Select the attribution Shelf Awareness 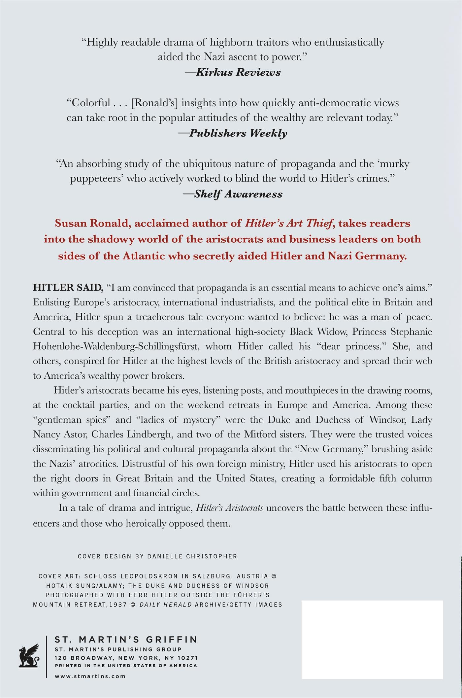click(x=238, y=194)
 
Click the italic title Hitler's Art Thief click(x=288, y=224)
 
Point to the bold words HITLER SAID click(x=68, y=288)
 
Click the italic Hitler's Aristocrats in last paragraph click(x=229, y=508)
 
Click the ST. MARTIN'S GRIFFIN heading click(x=126, y=640)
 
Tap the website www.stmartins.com click(x=90, y=676)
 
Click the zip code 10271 click(x=186, y=658)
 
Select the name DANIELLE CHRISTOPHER click(x=192, y=556)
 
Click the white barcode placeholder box click(x=372, y=640)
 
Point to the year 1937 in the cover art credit click(x=119, y=605)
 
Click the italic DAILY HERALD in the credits click(x=166, y=605)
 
